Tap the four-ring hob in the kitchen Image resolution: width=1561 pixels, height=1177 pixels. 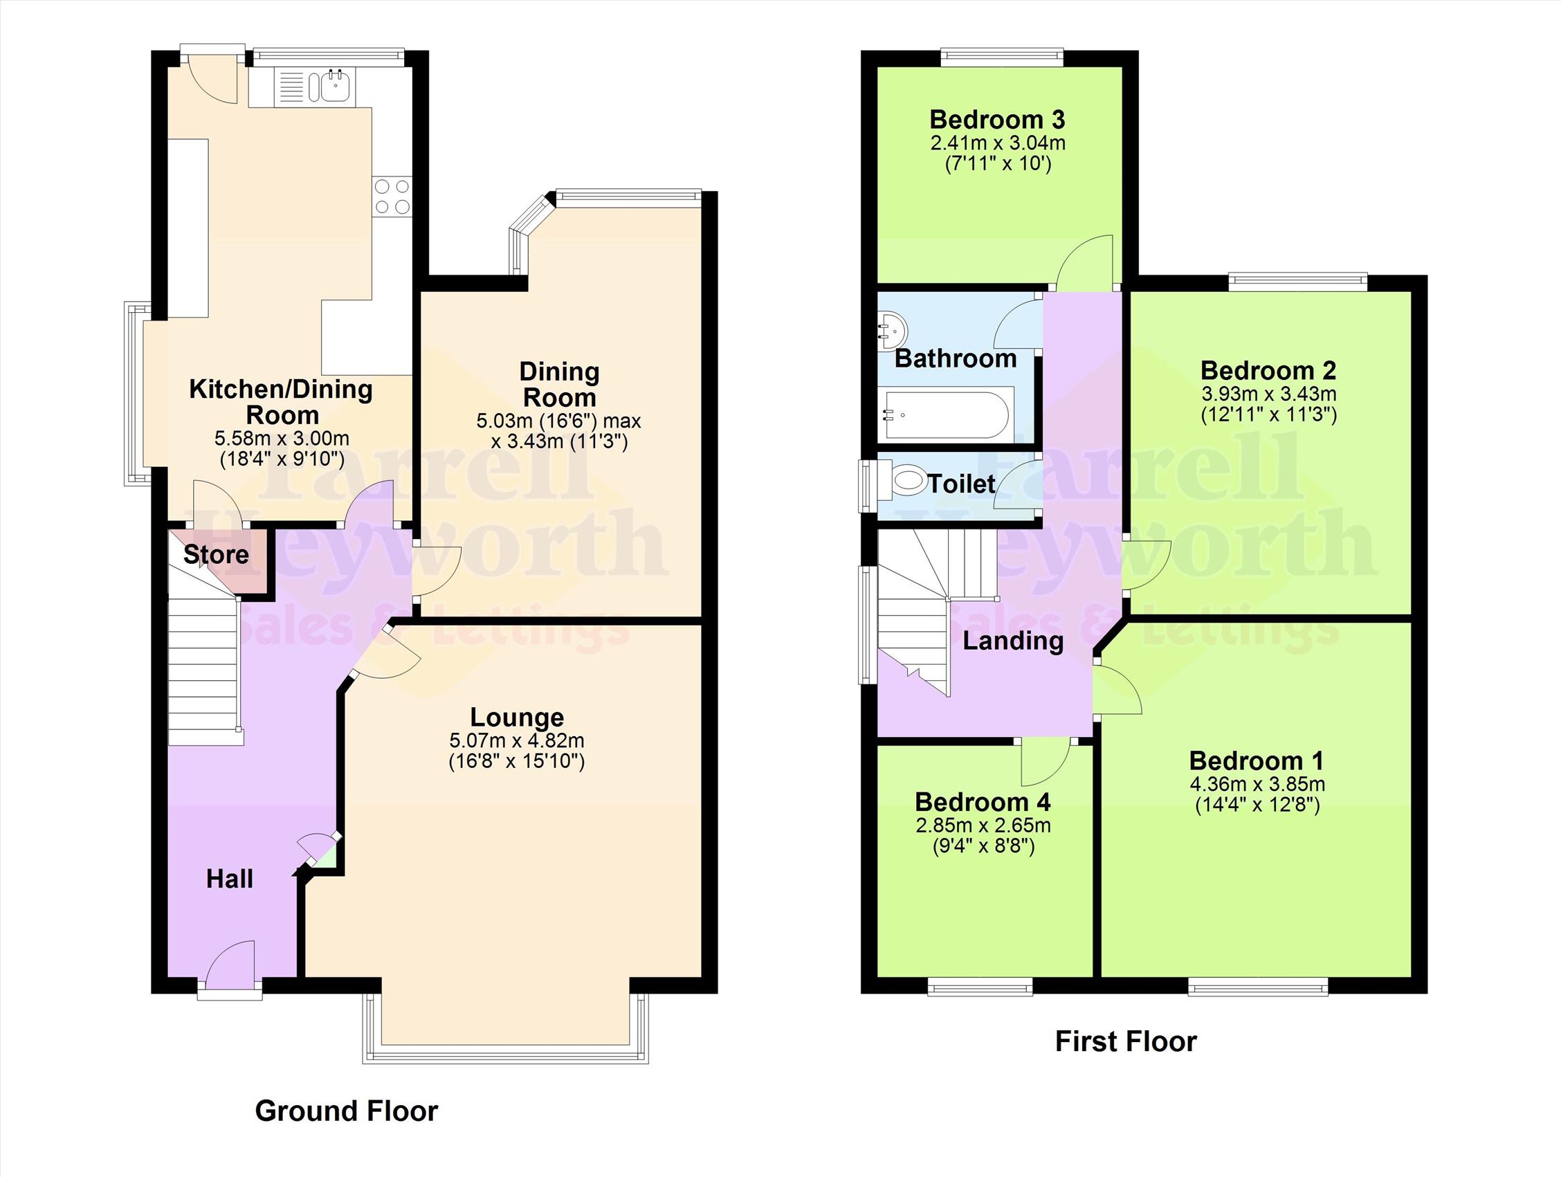(392, 197)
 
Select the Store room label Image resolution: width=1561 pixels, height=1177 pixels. (216, 555)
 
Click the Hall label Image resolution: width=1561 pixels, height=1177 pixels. (229, 879)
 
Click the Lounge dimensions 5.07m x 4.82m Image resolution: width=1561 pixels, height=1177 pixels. (517, 741)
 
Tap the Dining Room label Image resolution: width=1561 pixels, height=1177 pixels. (559, 385)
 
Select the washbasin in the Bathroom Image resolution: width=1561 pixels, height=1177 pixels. (891, 330)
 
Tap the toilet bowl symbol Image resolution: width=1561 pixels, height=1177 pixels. (907, 482)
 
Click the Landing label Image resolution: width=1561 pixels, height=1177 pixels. (1013, 641)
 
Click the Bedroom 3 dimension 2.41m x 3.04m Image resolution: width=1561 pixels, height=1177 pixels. (998, 143)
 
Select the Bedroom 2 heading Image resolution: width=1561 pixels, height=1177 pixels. (1268, 370)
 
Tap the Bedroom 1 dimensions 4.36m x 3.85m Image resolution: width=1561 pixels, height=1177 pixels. (1257, 784)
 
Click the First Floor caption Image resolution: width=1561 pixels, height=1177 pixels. (1126, 1041)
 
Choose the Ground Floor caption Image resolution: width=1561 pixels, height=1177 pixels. (346, 1111)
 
